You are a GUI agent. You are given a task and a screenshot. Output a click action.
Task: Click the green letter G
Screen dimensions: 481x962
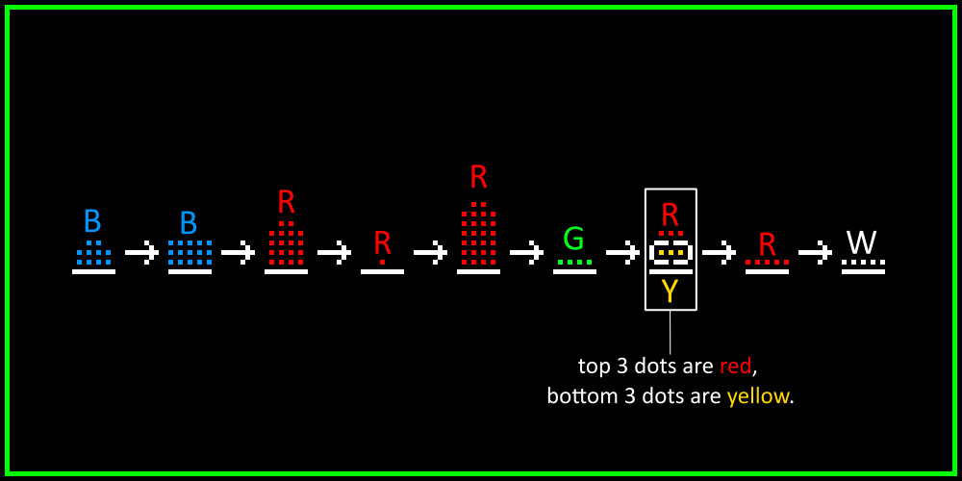(573, 239)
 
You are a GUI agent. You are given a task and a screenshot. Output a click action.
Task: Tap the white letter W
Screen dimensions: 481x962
(862, 241)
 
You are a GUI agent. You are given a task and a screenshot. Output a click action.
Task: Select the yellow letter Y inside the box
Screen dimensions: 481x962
(671, 291)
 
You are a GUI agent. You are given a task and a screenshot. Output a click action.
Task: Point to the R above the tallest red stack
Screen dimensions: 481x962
(478, 177)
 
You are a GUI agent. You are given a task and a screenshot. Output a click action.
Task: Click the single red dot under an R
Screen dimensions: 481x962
(382, 262)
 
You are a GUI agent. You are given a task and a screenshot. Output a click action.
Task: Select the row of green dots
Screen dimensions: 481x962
(574, 262)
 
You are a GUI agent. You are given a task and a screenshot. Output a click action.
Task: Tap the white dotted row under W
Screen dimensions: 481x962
(863, 262)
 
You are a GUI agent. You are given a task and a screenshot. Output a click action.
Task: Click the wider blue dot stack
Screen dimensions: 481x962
(190, 252)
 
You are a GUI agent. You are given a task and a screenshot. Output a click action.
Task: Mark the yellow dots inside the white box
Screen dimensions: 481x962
(671, 253)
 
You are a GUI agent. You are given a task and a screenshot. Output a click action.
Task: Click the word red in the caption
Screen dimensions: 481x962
(736, 367)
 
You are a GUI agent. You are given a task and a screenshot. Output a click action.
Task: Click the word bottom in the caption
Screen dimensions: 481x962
(582, 396)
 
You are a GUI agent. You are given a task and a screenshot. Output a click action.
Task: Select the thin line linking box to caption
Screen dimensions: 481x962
(671, 332)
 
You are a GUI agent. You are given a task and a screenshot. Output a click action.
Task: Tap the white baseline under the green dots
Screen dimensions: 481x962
(574, 272)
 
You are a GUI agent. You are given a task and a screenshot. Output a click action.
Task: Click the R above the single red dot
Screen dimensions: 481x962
(382, 242)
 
